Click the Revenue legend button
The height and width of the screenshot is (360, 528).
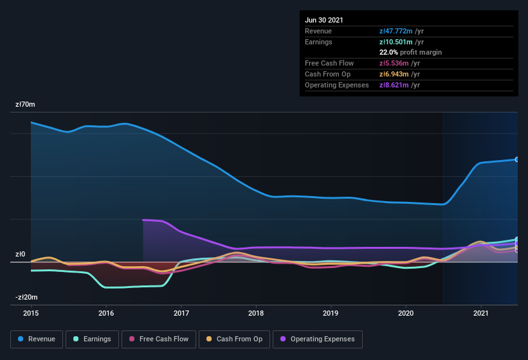(x=37, y=339)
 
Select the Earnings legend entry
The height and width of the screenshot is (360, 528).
(x=91, y=339)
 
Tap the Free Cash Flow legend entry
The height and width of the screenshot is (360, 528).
(x=158, y=339)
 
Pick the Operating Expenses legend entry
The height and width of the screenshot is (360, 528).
(x=317, y=339)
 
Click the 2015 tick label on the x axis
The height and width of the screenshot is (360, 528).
(x=31, y=313)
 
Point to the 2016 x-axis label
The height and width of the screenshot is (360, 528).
(x=106, y=313)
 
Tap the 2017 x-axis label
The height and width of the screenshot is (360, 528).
(x=181, y=313)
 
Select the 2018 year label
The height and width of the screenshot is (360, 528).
(x=256, y=313)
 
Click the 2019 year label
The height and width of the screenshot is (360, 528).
(x=331, y=313)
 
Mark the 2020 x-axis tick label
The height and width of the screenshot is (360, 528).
(x=406, y=313)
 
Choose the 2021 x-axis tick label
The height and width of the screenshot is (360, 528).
(x=480, y=313)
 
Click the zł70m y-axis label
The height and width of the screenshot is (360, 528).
(x=26, y=104)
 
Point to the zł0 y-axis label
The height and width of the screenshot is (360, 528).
(x=21, y=254)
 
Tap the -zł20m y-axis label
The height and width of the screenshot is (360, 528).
(x=27, y=297)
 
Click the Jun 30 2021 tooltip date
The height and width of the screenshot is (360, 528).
(x=324, y=20)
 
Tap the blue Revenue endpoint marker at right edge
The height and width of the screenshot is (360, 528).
(x=516, y=159)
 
